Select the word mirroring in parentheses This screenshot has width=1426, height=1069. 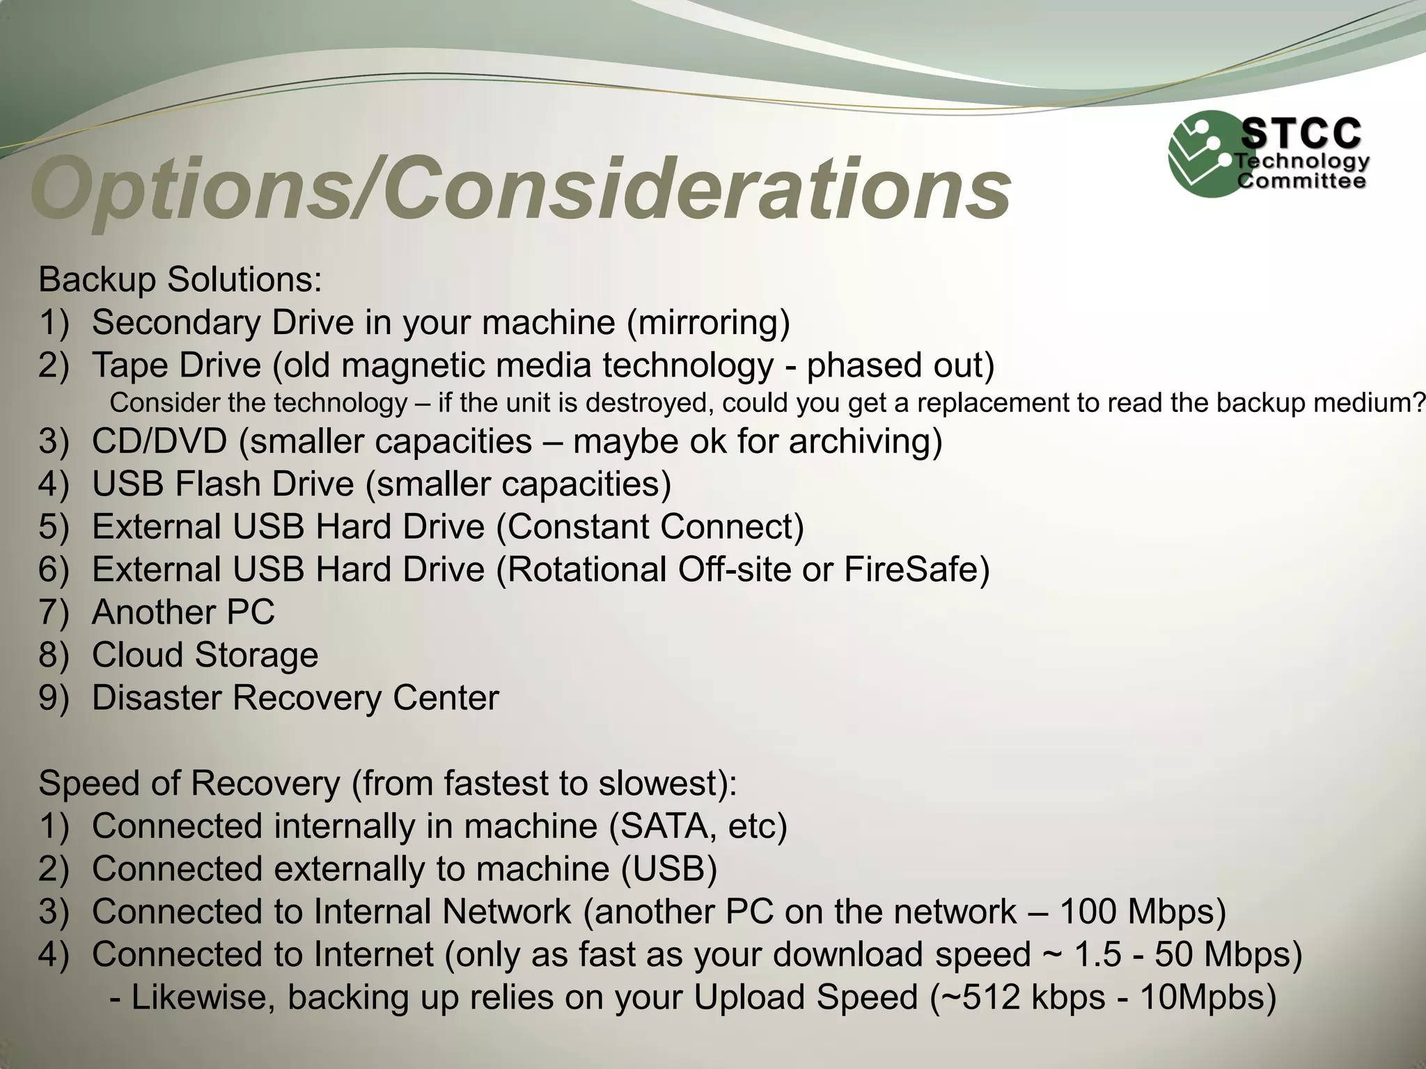[708, 322]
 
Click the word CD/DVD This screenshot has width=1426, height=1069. [159, 441]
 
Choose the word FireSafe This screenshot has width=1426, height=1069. [911, 569]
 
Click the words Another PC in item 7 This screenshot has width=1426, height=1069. [183, 612]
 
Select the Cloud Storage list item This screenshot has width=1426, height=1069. [205, 655]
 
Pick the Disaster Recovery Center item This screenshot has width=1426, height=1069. [295, 698]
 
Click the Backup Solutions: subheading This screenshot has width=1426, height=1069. [180, 280]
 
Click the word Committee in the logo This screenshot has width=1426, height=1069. [1301, 182]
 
